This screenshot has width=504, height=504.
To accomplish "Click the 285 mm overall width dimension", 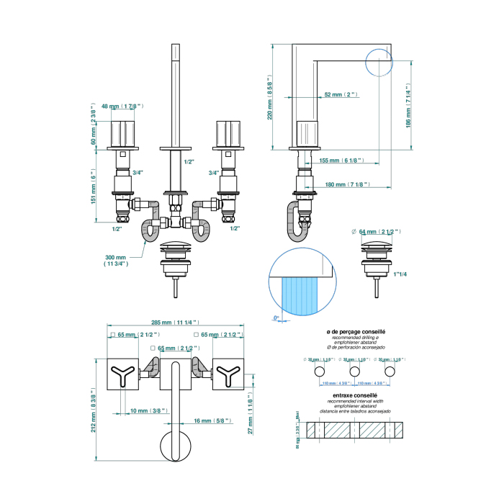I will (x=176, y=323).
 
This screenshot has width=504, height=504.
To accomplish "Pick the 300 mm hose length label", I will (x=115, y=261).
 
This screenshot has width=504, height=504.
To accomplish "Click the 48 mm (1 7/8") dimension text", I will (x=122, y=106).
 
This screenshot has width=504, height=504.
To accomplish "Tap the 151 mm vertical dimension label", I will (x=94, y=186).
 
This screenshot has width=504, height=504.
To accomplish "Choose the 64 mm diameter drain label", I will (x=379, y=231).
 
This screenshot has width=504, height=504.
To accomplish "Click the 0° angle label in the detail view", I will (x=276, y=318).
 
